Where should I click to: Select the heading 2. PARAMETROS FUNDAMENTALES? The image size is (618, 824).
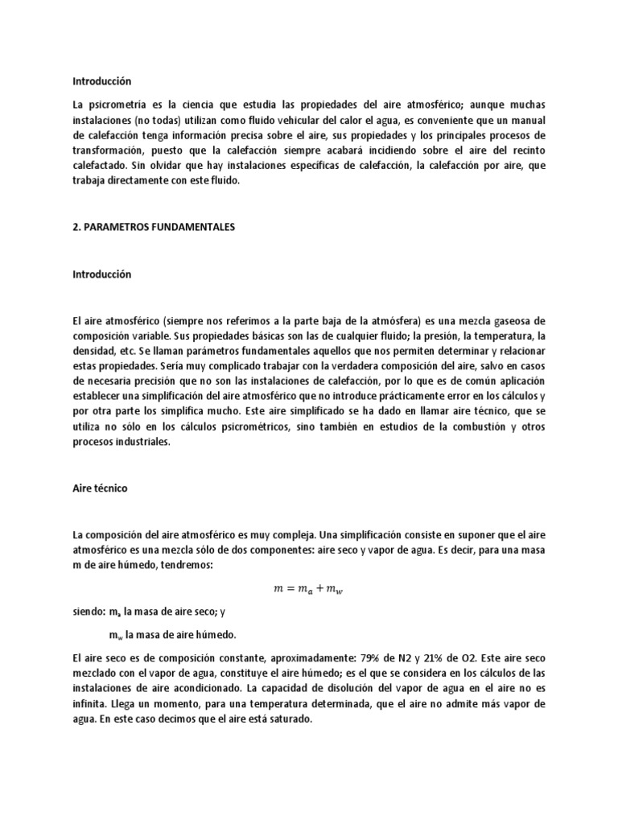153,228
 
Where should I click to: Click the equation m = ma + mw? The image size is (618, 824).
309,590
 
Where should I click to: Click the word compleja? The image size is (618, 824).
290,535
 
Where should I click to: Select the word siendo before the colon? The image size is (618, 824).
89,612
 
